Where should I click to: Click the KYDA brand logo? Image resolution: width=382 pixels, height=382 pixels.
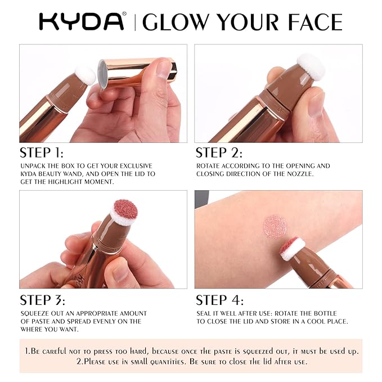point(82,21)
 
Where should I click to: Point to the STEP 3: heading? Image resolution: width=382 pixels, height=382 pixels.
point(42,300)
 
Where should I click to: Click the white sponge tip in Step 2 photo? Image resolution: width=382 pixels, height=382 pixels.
point(312,66)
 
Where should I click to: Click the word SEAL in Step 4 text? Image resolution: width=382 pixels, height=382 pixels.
point(205,313)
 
